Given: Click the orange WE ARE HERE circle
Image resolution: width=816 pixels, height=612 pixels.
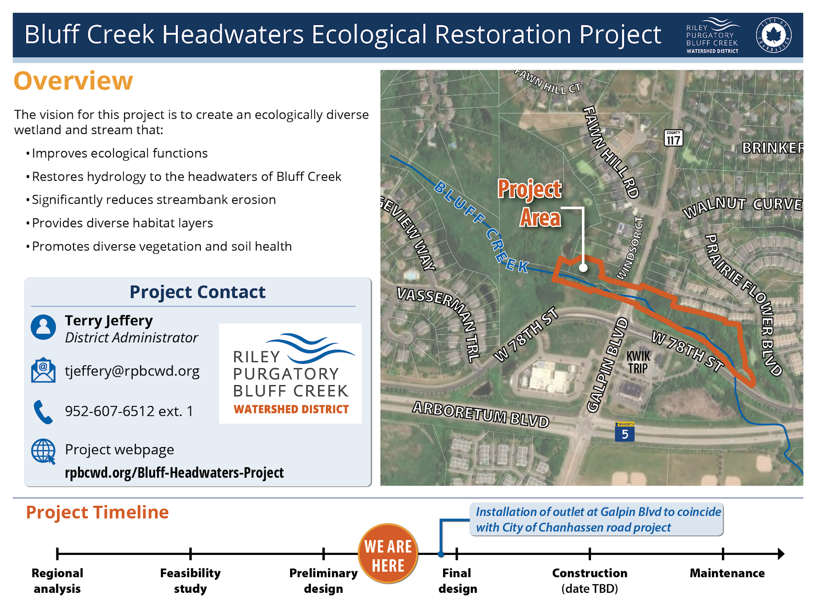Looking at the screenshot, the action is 388,554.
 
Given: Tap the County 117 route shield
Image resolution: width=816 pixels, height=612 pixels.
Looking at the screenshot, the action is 673,138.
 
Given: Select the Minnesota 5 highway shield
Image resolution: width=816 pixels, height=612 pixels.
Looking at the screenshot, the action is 625,432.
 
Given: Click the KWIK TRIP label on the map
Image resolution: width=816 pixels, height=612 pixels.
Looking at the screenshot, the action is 638,362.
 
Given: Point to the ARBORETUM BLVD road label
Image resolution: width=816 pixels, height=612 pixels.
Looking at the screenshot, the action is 481,414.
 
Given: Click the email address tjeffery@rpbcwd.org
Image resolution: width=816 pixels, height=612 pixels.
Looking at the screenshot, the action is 132,371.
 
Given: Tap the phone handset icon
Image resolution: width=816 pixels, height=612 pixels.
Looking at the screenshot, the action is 43,412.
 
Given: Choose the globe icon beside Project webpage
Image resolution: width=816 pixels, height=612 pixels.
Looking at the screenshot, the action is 43,451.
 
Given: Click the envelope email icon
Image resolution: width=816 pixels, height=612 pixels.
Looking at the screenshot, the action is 43,370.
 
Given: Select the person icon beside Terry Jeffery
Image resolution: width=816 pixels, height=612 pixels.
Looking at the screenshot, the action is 43,327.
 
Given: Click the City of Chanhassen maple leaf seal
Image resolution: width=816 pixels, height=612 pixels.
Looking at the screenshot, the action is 774,35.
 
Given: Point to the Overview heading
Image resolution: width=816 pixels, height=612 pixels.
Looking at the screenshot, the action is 73,80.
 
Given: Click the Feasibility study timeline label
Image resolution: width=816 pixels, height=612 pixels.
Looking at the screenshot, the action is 190,581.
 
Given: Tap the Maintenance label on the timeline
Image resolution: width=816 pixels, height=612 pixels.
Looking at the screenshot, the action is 727,573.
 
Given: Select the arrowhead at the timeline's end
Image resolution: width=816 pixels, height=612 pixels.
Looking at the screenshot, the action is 781,554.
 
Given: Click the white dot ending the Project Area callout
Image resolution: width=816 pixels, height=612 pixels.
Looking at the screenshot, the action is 583,268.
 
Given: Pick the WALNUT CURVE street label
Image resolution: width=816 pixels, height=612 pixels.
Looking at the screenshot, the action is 743,206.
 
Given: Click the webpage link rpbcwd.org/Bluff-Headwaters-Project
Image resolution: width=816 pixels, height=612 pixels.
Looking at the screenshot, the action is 174,472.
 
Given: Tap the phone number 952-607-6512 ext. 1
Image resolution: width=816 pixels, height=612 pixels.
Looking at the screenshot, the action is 129,411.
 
